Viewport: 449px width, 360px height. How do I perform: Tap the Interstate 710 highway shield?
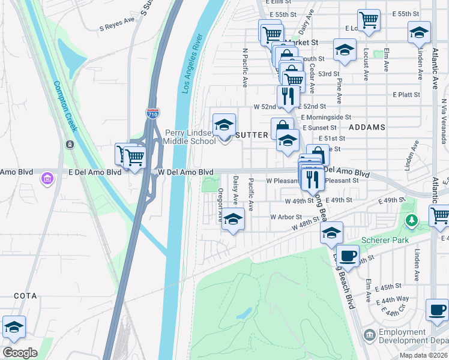tap(152, 112)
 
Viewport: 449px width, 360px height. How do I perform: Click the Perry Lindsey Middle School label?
tap(190, 137)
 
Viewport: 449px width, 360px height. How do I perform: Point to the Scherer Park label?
tap(385, 241)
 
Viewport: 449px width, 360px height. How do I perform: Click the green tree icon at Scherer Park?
tap(411, 221)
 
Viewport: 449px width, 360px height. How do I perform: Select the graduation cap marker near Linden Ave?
tap(419, 32)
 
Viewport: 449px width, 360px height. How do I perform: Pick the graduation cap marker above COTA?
tap(14, 326)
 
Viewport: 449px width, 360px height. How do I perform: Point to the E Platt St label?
tap(406, 95)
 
